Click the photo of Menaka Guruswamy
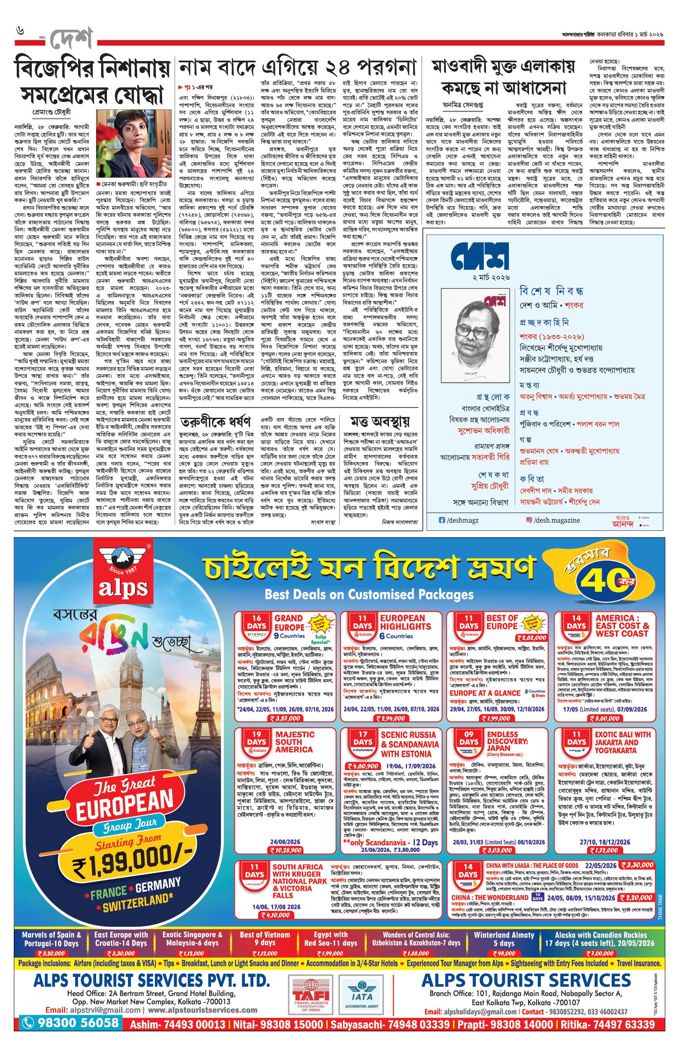pos(134,143)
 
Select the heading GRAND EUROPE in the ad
pos(289,623)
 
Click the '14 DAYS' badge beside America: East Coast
pos(576,623)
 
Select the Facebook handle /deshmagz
pos(462,520)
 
